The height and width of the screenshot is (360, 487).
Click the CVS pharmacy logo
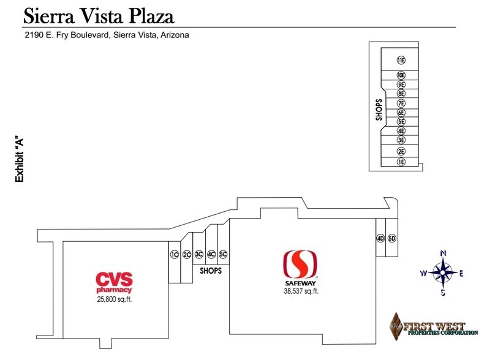[114, 282]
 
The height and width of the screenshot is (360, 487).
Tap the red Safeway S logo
[300, 264]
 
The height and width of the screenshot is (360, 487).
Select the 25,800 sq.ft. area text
[115, 299]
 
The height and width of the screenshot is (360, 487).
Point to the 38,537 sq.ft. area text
[301, 291]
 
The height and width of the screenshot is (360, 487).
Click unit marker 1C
[175, 255]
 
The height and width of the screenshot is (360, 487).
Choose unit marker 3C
[198, 255]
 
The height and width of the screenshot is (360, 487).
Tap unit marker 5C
[223, 255]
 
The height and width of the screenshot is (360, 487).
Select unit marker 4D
[380, 238]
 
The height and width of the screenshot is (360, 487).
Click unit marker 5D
[392, 238]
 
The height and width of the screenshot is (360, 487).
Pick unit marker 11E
[401, 60]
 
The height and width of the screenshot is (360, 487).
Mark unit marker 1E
[401, 162]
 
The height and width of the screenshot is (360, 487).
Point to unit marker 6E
[401, 113]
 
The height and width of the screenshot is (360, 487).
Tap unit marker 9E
[401, 84]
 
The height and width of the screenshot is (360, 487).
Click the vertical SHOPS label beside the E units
[379, 110]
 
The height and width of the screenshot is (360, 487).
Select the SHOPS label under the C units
[211, 271]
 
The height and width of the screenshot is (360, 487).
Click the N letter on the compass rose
[444, 253]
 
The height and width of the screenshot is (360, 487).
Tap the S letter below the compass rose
[443, 292]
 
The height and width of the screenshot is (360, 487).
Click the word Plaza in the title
[151, 16]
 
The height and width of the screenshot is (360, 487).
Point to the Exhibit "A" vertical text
[19, 160]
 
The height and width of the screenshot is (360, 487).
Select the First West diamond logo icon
[396, 326]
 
